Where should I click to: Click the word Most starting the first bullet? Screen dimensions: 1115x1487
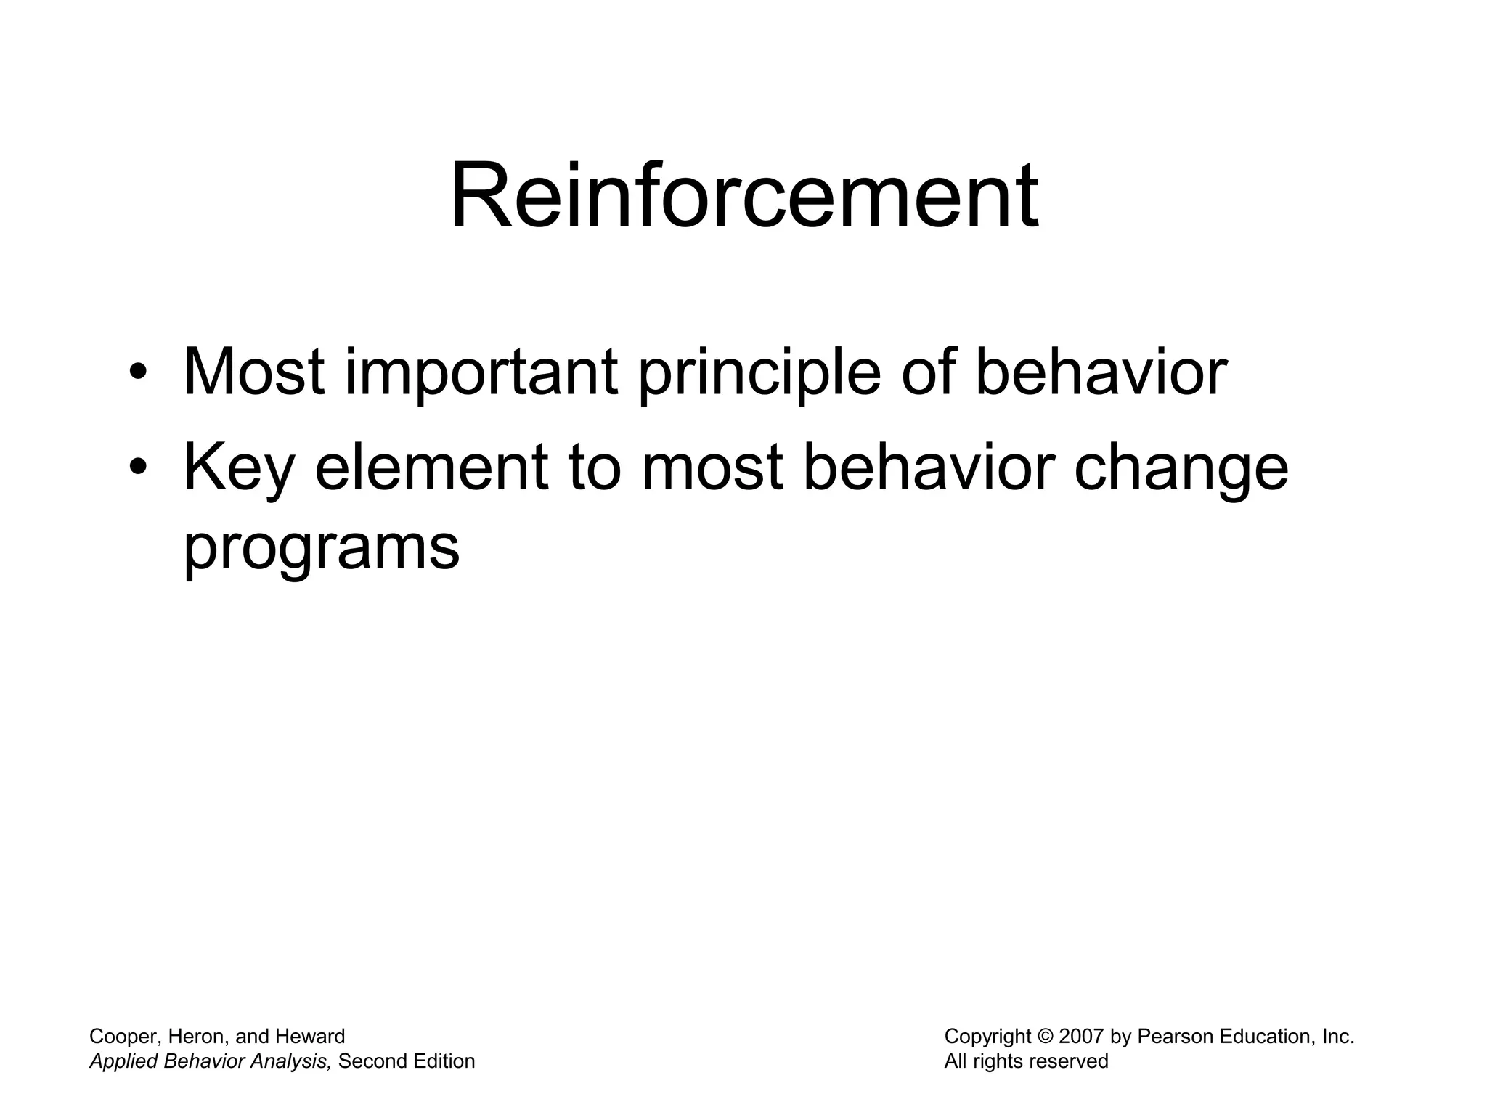click(x=253, y=372)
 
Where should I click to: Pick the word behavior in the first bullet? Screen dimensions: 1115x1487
click(x=1101, y=372)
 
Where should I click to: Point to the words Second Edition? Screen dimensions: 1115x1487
click(x=407, y=1061)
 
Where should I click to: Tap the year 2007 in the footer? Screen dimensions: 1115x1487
click(x=1081, y=1037)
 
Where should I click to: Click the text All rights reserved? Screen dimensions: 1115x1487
click(x=1026, y=1061)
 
